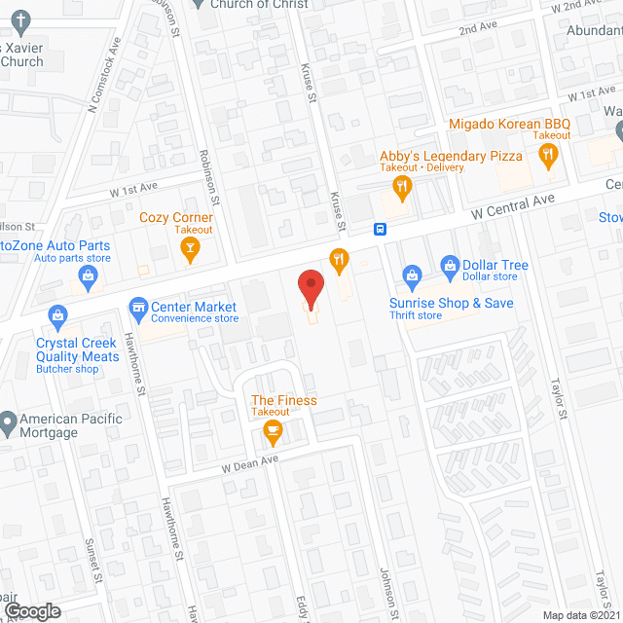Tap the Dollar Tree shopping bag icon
[450, 264]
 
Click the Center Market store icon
[138, 310]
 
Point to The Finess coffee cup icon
[273, 429]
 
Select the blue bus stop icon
[380, 230]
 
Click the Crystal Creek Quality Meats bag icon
[58, 316]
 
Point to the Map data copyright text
[581, 615]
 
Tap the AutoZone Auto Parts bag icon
[88, 277]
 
